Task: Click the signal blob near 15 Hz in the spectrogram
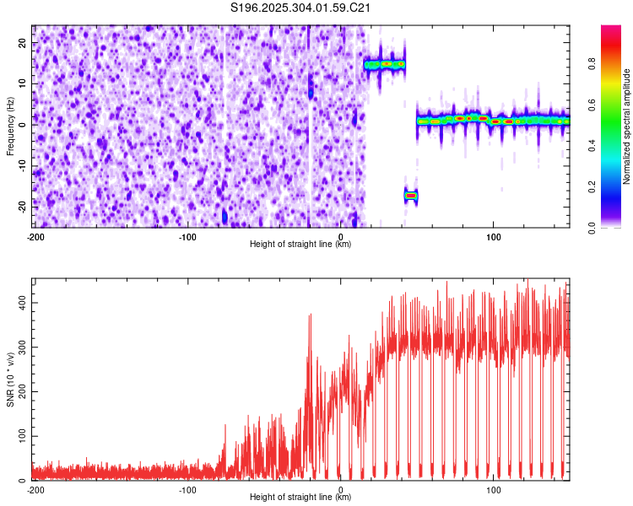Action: tap(385, 64)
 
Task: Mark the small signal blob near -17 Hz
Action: tap(411, 196)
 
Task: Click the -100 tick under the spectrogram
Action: tap(187, 237)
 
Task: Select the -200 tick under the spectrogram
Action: tap(35, 237)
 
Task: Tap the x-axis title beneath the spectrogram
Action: tap(300, 245)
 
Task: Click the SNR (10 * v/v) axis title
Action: tap(10, 379)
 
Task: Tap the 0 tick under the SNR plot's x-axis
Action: tap(340, 490)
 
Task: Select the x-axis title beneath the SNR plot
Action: tap(300, 498)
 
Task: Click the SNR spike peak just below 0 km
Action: tap(311, 315)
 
